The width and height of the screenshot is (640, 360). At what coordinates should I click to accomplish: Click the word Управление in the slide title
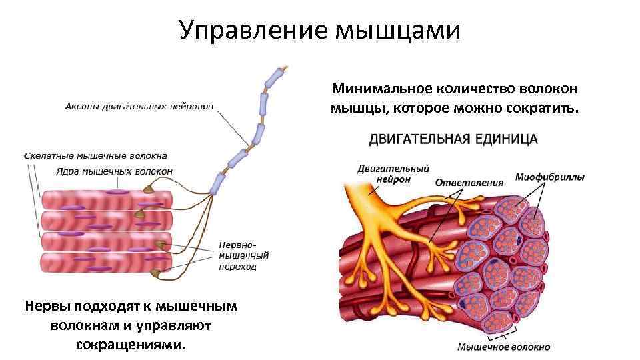pos(253,30)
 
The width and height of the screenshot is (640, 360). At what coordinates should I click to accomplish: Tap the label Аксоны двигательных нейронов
pos(139,106)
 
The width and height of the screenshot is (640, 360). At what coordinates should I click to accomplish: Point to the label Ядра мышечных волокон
pos(114,171)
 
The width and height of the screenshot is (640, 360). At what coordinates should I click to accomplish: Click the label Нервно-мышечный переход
pos(244,254)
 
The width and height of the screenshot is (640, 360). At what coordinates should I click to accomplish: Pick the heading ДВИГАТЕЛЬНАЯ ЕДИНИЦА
pos(453,139)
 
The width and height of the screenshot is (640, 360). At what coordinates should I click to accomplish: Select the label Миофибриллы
pos(550,177)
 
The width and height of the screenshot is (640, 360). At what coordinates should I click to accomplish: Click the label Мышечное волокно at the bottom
pos(503,347)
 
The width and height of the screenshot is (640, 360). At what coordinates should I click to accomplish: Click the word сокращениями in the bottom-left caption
pos(128,345)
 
